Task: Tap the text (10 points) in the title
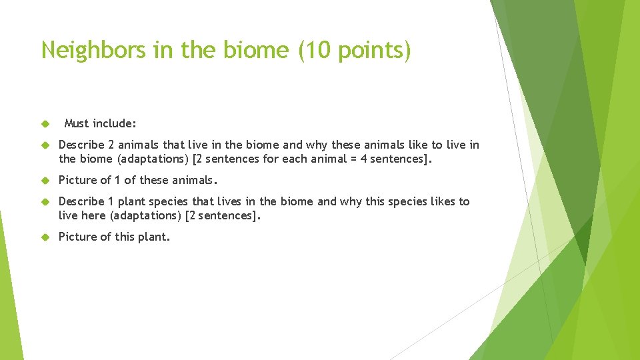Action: point(355,50)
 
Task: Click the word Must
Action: point(77,123)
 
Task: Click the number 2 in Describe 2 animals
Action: point(111,145)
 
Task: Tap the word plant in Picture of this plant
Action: point(154,237)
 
